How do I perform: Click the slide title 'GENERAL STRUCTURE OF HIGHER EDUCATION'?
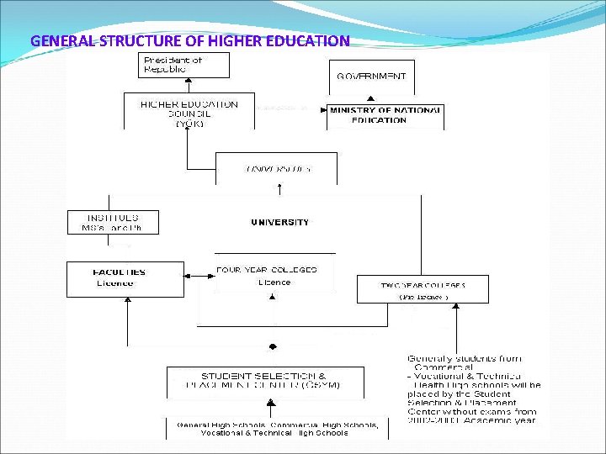189,40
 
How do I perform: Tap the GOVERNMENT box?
371,76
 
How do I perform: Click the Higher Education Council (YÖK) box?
189,112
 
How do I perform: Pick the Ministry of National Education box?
385,115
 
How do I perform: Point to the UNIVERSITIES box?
277,168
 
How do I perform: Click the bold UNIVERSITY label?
279,223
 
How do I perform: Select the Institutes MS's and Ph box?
112,222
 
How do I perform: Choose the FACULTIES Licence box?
125,279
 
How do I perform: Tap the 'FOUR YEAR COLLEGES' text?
266,270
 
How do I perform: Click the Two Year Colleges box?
423,290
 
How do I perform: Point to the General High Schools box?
277,429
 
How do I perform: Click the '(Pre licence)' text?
423,297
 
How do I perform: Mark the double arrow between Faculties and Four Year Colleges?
199,274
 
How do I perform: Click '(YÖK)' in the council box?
189,123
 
